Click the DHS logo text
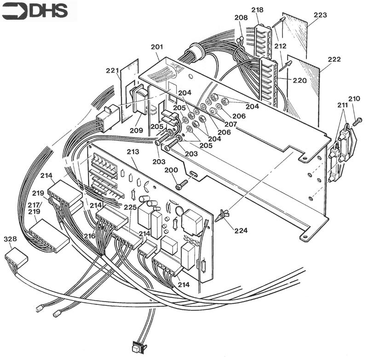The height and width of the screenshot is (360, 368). coord(48,11)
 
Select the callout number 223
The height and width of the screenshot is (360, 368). coord(320,15)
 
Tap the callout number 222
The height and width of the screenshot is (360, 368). coord(334,60)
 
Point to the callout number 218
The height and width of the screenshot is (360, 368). coord(258,10)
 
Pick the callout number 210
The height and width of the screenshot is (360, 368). coord(354,98)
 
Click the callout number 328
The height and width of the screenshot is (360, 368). coord(10,239)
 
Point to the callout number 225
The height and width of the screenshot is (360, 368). coord(130,207)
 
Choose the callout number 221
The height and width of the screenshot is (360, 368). coord(113,71)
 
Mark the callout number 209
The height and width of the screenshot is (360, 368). coord(136,130)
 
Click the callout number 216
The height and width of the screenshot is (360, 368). coord(89,236)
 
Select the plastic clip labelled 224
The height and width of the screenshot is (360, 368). coord(222,215)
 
